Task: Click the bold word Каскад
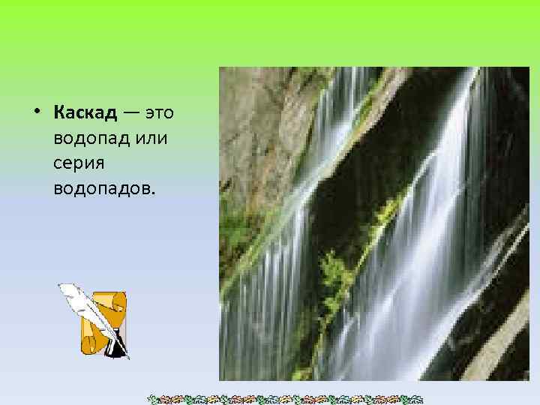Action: click(85, 113)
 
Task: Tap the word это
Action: click(159, 113)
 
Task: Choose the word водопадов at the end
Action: click(103, 187)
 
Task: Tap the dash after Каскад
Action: click(131, 114)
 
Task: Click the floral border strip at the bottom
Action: click(285, 398)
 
